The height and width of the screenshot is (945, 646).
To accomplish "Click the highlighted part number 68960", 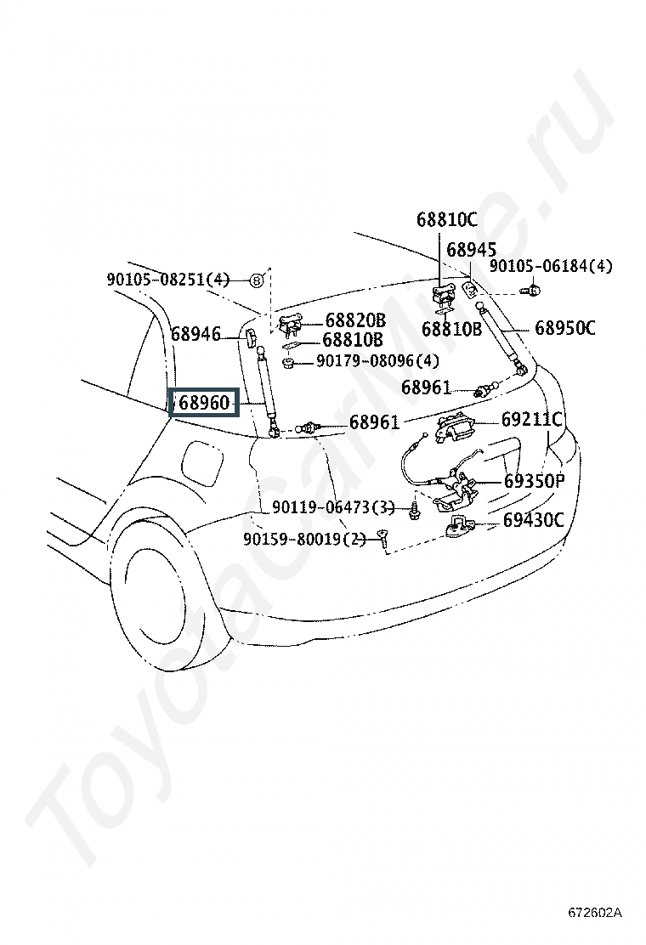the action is click(x=205, y=403).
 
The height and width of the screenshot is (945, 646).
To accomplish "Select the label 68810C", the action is click(x=446, y=219).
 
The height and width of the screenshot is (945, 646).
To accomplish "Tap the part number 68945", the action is click(x=471, y=250).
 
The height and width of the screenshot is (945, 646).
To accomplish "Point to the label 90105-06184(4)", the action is click(x=550, y=266).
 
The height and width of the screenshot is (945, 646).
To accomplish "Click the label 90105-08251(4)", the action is click(x=169, y=280).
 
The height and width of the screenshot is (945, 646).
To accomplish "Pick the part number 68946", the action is click(x=195, y=333).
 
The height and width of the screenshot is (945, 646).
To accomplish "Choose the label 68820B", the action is click(x=355, y=320).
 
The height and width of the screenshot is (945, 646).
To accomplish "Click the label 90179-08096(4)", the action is click(x=378, y=361).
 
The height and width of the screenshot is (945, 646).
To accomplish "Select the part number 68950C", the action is click(x=565, y=328).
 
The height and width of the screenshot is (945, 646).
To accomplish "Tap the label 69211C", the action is click(x=531, y=419).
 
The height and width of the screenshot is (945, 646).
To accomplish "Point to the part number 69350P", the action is click(x=534, y=481).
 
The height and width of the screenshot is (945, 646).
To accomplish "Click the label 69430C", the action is click(x=533, y=519).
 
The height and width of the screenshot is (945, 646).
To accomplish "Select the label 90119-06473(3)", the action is click(x=333, y=507).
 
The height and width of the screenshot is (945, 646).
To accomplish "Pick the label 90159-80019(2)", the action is click(x=305, y=538).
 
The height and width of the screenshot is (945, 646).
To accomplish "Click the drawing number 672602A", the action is click(x=594, y=913).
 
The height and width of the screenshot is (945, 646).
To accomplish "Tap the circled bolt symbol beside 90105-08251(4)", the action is click(x=257, y=280).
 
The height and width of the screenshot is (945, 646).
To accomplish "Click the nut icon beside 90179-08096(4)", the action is click(x=288, y=363).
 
